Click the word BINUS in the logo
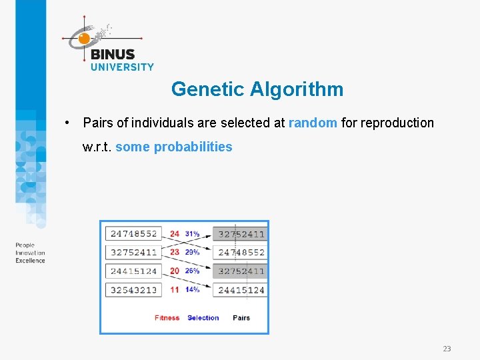tap(113, 55)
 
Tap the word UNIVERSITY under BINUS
tap(122, 67)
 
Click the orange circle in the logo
tap(84, 39)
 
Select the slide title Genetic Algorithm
tap(257, 89)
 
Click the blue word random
tap(313, 123)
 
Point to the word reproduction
tap(397, 123)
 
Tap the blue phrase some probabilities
tap(174, 147)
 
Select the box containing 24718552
tap(133, 234)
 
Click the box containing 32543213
tap(133, 290)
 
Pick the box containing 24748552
tap(241, 253)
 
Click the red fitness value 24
tap(175, 234)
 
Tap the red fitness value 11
tap(175, 290)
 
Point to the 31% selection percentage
tap(193, 234)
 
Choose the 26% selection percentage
tap(193, 271)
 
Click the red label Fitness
tap(167, 318)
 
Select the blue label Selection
tap(203, 318)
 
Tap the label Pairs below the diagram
tap(241, 318)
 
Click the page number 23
tap(447, 349)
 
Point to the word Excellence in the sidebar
tap(30, 261)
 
